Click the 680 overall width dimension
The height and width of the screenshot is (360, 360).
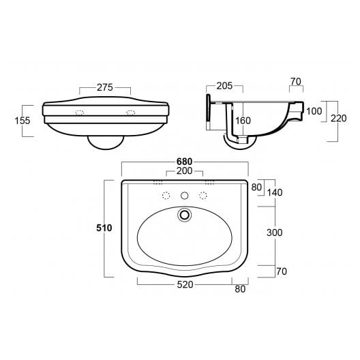coord(184,162)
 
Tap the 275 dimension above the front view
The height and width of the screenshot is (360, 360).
coord(104,88)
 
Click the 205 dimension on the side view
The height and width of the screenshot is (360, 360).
coord(224,86)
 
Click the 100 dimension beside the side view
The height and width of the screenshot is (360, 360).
coord(314,111)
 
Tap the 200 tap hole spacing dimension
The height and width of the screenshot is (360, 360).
coord(184,171)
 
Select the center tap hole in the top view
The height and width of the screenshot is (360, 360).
coord(183,196)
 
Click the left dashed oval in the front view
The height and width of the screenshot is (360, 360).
coord(80,112)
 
